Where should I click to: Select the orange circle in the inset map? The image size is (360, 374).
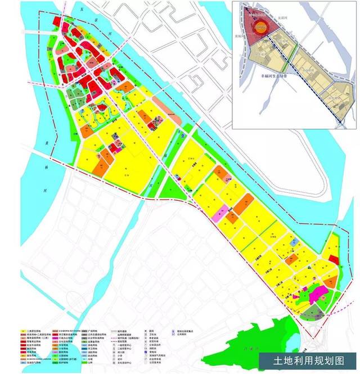pyautogui.click(x=260, y=26)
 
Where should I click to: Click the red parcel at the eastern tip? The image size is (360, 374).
pyautogui.click(x=333, y=259)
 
